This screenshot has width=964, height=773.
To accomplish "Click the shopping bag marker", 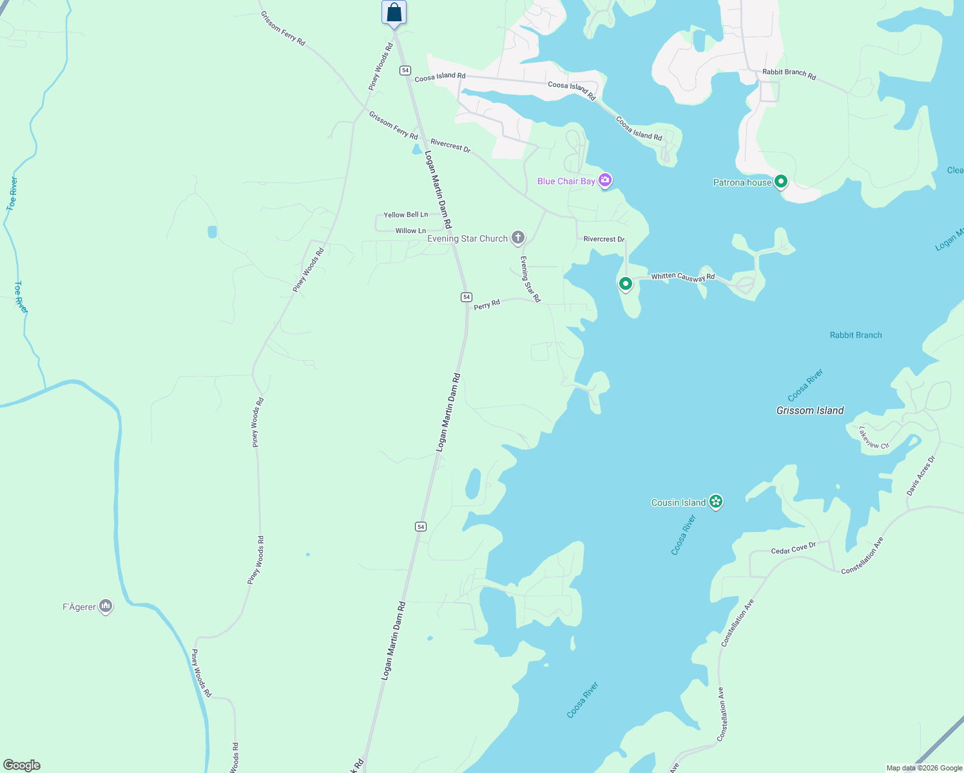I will [x=394, y=12].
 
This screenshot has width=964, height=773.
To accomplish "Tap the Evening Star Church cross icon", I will [x=517, y=238].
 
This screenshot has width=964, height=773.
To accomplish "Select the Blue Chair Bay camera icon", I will [x=605, y=180].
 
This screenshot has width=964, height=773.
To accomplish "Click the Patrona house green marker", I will [x=781, y=182].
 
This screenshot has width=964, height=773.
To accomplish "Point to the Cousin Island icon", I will [x=715, y=502].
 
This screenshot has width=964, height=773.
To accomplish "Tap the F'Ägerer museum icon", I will [x=106, y=606].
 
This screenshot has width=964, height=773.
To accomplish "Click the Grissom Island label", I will [x=810, y=410].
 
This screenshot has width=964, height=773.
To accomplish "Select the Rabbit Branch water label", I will [x=856, y=335].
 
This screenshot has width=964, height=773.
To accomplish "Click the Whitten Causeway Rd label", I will [x=682, y=277].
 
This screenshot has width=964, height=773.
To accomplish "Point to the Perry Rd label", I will [x=487, y=304].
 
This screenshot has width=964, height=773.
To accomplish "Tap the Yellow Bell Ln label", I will [x=405, y=215].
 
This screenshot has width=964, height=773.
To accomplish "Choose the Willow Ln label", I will [x=410, y=231].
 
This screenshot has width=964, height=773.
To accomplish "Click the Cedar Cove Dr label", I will [x=793, y=548].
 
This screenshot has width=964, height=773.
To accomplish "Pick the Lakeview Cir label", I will [x=874, y=437].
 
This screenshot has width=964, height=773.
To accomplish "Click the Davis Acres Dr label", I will [x=920, y=476].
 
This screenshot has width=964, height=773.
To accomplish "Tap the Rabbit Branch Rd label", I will [x=789, y=74].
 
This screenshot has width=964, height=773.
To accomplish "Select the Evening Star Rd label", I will [x=530, y=280].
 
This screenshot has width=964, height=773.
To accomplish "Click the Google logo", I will [x=22, y=765].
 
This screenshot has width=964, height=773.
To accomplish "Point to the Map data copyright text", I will [x=924, y=768].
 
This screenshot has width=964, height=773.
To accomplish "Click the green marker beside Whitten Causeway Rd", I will [x=625, y=283].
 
